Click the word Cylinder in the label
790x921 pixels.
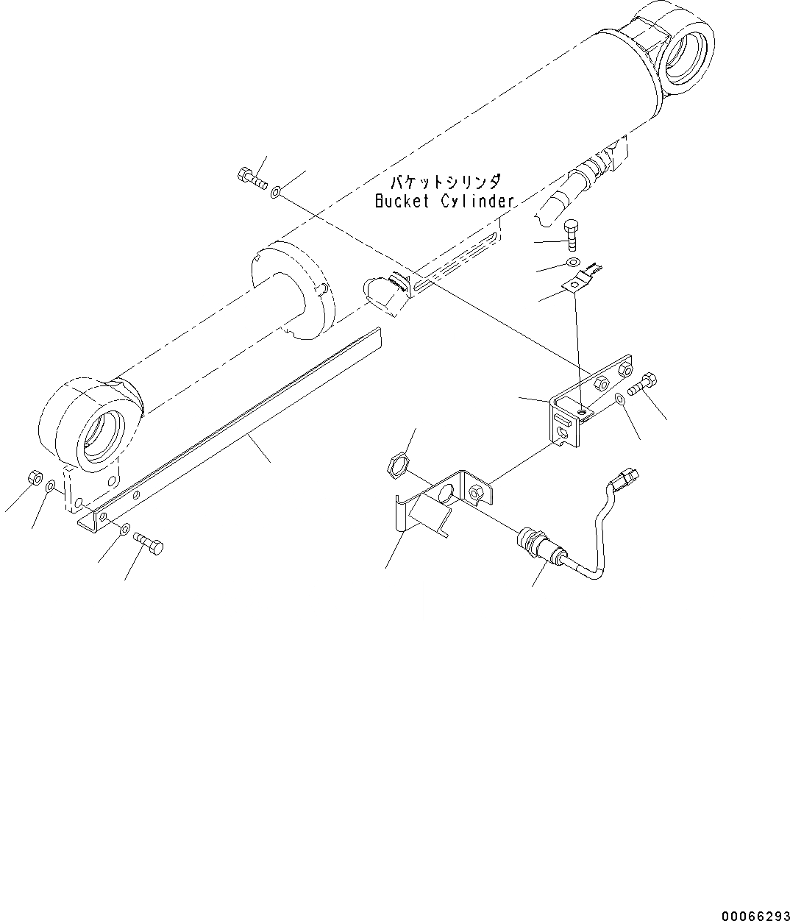click(x=477, y=202)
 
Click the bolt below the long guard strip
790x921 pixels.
click(x=149, y=544)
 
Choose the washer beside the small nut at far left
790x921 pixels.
click(x=50, y=487)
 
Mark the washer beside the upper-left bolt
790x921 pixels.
click(x=274, y=193)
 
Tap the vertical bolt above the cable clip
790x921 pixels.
click(x=573, y=235)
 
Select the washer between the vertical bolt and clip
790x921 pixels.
click(x=572, y=263)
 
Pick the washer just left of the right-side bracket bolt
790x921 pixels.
click(x=620, y=399)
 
